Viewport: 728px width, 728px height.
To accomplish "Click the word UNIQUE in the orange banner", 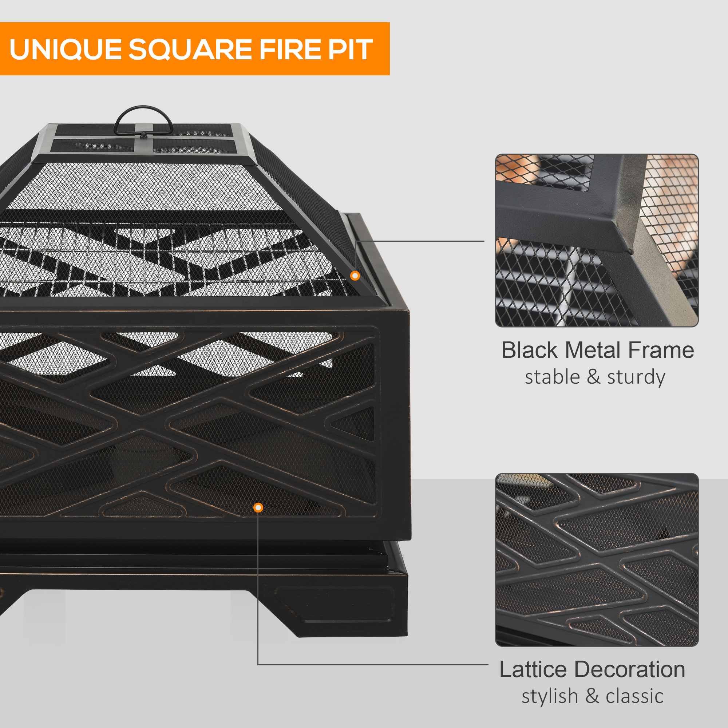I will [65, 50].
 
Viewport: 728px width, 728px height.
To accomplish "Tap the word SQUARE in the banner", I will [190, 50].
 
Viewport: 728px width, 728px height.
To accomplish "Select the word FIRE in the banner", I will [289, 50].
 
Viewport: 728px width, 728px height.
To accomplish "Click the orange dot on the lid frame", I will [355, 276].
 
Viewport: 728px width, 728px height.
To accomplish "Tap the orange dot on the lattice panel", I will [258, 507].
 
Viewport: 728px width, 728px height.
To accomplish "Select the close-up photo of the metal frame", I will [597, 240].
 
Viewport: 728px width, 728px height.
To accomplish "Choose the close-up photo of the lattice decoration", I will [597, 559].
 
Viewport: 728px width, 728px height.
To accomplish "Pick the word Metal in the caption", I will [593, 351].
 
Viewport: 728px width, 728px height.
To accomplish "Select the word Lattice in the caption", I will [533, 670].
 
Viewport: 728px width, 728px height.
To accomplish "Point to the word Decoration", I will [630, 670].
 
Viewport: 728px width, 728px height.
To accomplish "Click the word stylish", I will [549, 696].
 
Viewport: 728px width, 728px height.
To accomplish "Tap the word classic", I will [634, 696].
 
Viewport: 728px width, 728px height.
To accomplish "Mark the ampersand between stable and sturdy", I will [593, 377].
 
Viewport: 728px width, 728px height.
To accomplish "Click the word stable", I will [553, 377].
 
